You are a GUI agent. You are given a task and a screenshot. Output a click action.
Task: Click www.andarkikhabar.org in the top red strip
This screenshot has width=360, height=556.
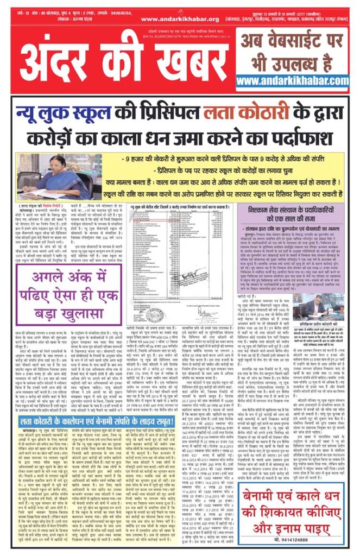pyautogui.click(x=172, y=19)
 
